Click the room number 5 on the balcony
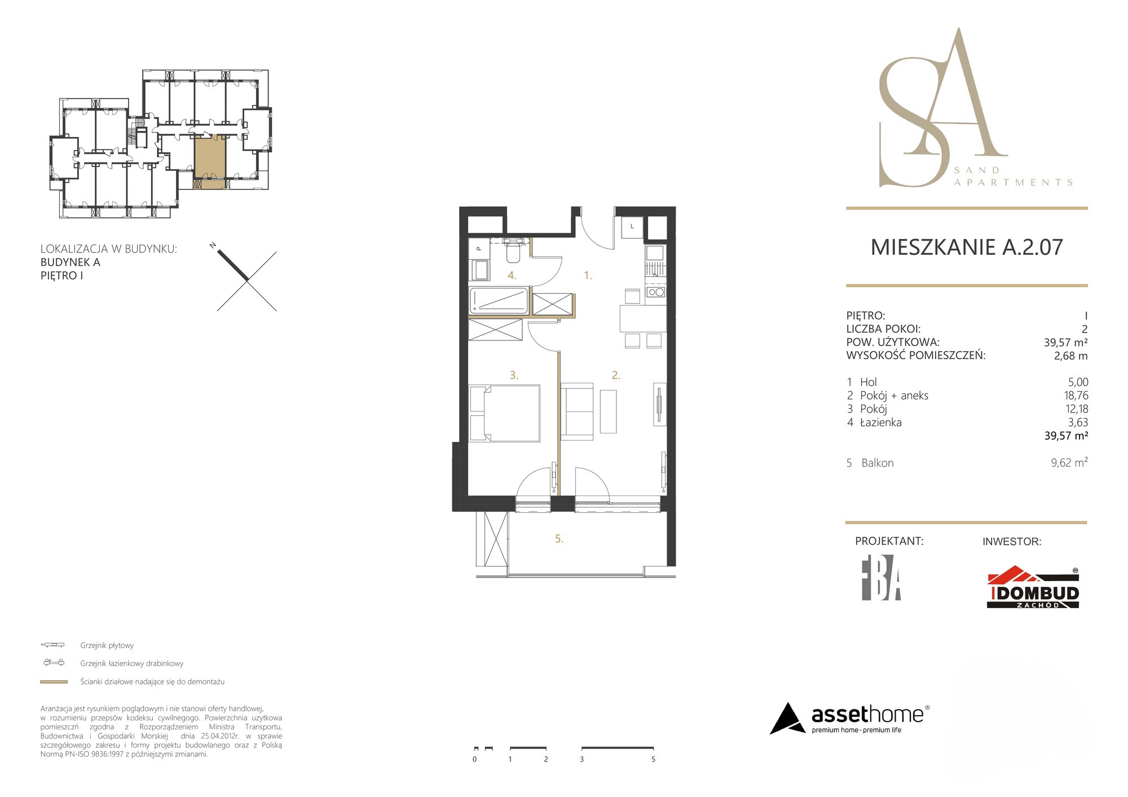pos(559,539)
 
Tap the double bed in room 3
pos(505,413)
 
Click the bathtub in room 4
pos(499,300)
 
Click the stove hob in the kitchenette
pos(656,292)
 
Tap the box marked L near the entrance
pos(632,227)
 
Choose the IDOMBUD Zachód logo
pos(1033,587)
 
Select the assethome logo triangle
pos(788,719)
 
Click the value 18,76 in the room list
pos(1076,396)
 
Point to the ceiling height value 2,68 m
pos(1070,356)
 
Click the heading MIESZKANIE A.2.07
pos(967,247)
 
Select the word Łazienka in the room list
pos(880,422)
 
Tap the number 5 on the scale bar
pos(653,759)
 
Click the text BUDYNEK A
pos(70,262)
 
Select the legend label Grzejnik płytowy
pos(107,645)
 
